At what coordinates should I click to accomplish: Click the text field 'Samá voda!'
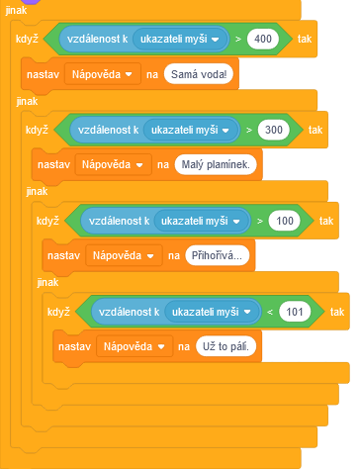coord(205,74)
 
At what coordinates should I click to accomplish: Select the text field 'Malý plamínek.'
coord(216,165)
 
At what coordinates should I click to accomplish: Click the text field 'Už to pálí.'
coord(226,347)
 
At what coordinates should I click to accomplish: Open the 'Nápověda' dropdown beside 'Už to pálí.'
coord(135,347)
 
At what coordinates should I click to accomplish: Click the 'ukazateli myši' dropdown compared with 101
coord(213,313)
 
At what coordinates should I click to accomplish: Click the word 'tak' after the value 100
coord(325,221)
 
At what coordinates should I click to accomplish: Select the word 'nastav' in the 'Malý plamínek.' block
coord(50,165)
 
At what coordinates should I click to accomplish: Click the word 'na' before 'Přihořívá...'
coord(173,256)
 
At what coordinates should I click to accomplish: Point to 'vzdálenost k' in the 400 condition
coord(97,40)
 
